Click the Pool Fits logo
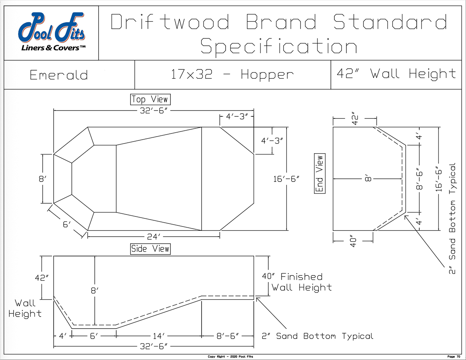(52, 32)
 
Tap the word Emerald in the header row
(59, 75)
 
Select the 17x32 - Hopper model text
(232, 75)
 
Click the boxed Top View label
(150, 99)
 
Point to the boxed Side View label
(150, 249)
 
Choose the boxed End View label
(320, 173)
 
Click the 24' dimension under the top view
(153, 237)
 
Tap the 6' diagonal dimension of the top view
(67, 225)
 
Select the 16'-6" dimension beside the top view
(286, 179)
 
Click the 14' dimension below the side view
(159, 336)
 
